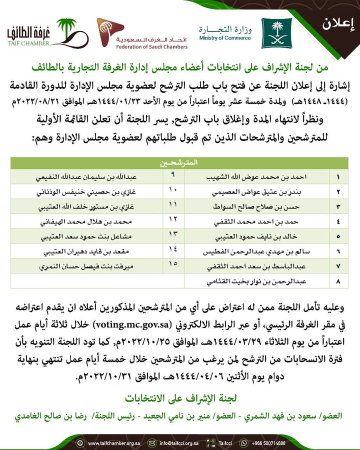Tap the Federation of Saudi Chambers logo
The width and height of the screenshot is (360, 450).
click(142, 33)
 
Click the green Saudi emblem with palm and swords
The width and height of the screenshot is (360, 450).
click(276, 33)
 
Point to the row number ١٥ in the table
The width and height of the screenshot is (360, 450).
click(172, 263)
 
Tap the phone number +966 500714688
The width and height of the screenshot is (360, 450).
click(269, 443)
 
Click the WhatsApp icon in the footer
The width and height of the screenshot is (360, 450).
click(244, 443)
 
